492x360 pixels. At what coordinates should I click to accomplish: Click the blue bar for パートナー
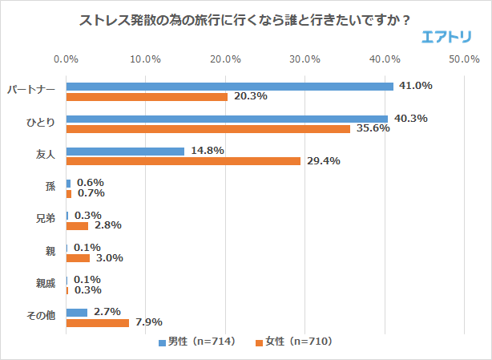pos(229,87)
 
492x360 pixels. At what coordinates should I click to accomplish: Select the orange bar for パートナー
pos(147,97)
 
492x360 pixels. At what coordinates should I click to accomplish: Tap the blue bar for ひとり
pos(227,119)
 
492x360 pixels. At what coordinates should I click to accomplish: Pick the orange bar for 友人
pos(183,161)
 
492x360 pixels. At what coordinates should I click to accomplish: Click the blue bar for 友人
pos(125,151)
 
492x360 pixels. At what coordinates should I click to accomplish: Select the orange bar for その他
pos(97,322)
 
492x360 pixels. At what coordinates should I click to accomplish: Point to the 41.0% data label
pos(417,86)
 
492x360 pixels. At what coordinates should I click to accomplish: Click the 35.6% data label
pos(373,129)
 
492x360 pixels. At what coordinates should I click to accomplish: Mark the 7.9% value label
pos(147,322)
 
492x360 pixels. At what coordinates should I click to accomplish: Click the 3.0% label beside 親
pos(108,258)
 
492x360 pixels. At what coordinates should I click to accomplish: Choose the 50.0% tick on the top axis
pos(464,59)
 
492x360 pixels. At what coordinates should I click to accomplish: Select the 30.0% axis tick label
pos(305,59)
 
